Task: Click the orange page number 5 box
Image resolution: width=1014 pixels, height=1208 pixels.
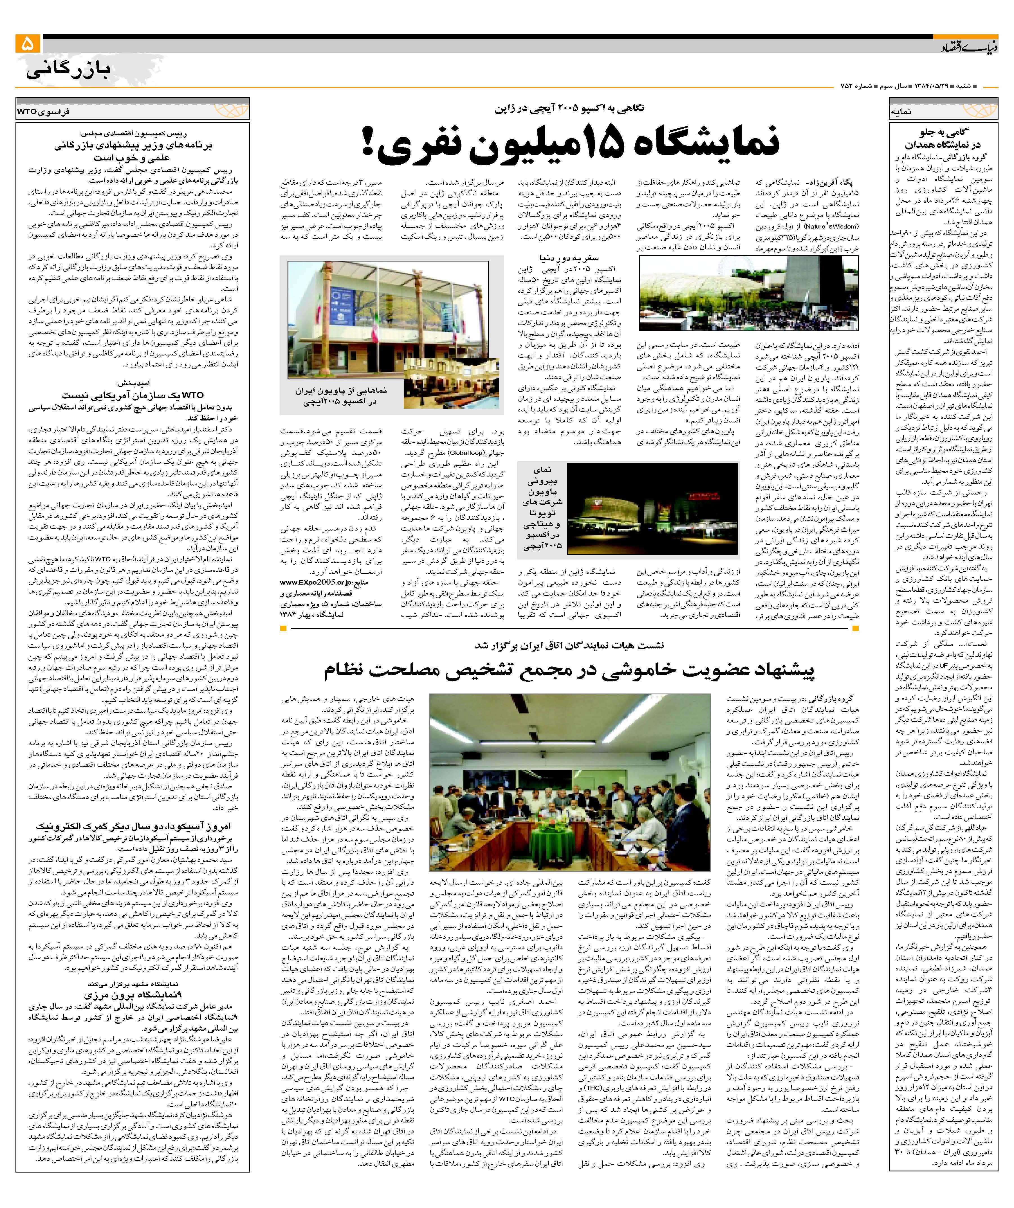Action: click(28, 44)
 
